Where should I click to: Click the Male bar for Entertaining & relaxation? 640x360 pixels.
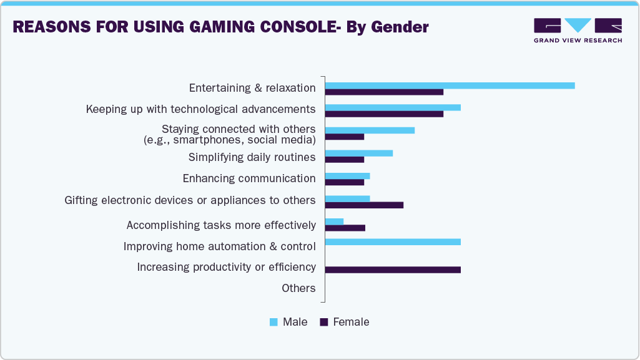click(450, 85)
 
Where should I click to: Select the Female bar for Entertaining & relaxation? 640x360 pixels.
click(384, 92)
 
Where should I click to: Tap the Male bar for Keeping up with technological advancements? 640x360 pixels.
click(393, 107)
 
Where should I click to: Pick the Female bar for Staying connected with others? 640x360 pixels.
click(345, 137)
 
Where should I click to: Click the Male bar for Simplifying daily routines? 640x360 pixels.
click(359, 153)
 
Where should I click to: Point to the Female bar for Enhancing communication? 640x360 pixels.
click(345, 182)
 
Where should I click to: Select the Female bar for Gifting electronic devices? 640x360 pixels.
click(364, 205)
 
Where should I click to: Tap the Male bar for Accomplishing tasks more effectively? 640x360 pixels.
click(335, 221)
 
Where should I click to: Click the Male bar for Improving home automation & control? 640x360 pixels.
click(393, 242)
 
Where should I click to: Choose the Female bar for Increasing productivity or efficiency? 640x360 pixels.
click(393, 270)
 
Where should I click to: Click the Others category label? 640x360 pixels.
click(298, 288)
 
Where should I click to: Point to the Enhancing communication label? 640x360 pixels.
click(249, 178)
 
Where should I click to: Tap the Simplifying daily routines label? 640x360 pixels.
click(252, 157)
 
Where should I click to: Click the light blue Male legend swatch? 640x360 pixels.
click(273, 323)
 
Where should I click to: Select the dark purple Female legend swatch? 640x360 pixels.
click(323, 323)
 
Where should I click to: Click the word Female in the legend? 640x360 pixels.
click(351, 322)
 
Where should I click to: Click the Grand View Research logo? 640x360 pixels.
click(578, 30)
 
